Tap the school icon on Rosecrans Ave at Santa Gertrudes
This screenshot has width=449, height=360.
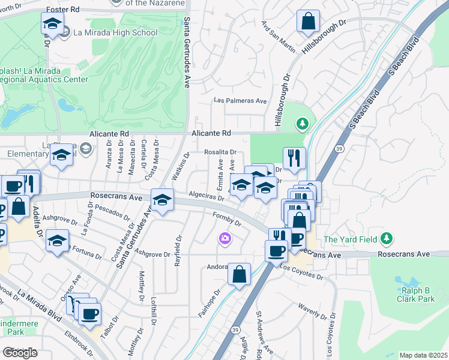point(161,201)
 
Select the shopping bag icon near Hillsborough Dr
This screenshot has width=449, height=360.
point(308,22)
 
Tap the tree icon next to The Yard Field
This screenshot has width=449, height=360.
point(387,239)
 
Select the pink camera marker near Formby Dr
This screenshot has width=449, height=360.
point(225,239)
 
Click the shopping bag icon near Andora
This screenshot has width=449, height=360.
point(239,274)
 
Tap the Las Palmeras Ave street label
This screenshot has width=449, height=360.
point(241,101)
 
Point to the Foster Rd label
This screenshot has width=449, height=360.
point(62,10)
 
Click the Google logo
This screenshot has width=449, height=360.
point(20,353)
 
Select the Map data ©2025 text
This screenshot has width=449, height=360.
point(423,355)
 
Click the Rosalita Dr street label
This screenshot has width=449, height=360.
point(220,152)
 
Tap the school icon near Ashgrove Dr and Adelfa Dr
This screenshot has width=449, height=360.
point(57,242)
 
